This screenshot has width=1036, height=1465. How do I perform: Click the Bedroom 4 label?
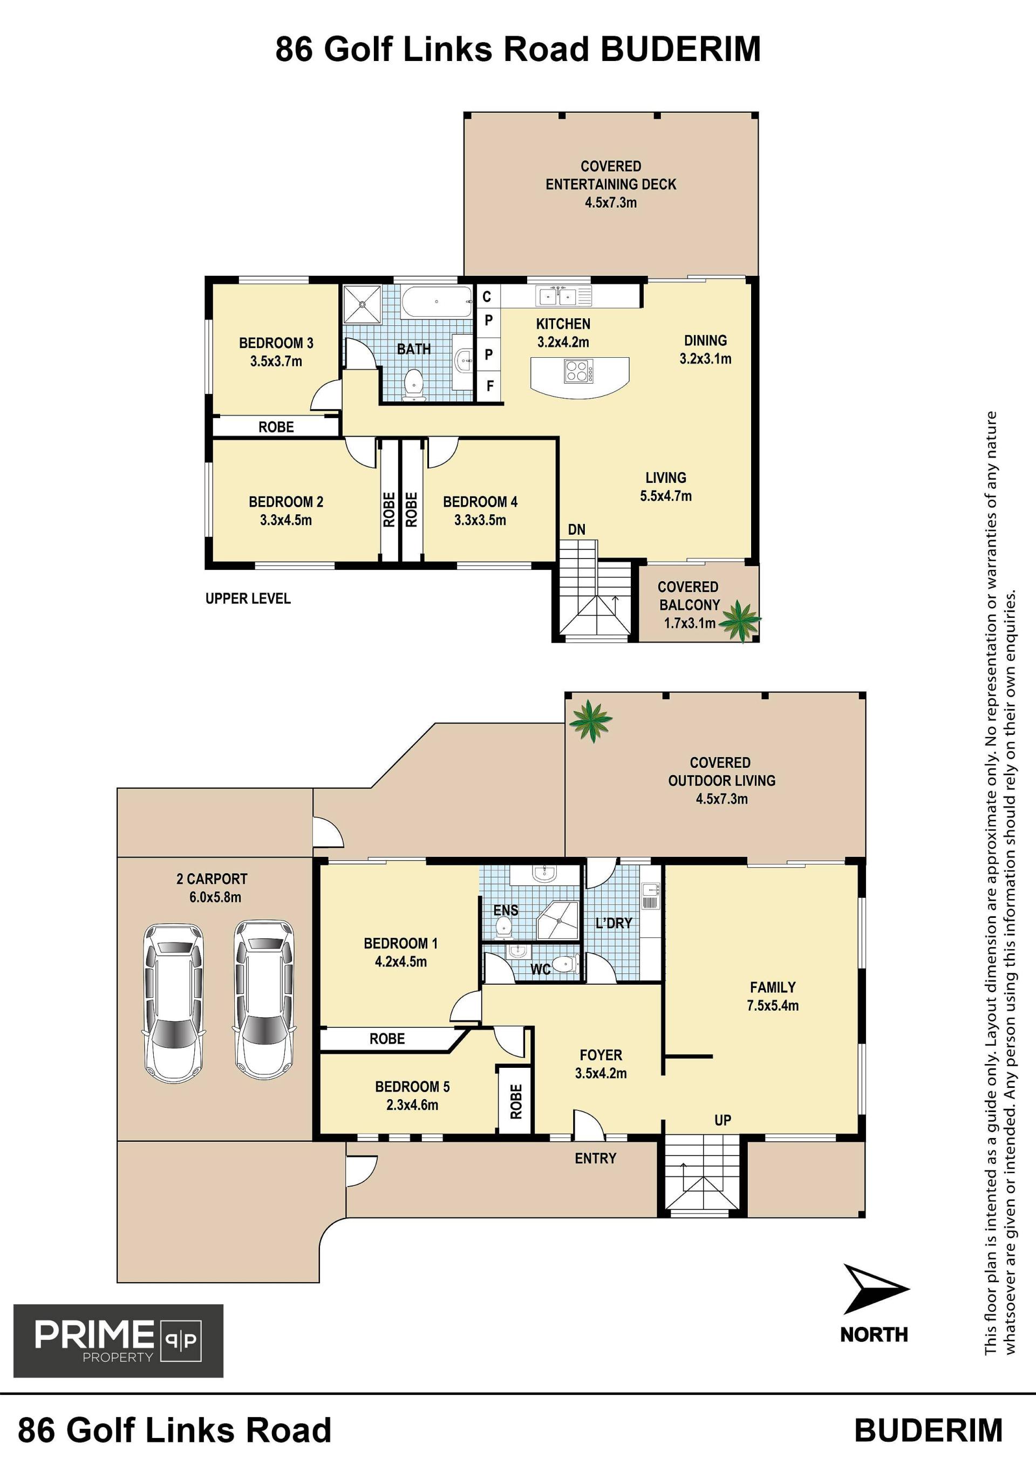click(480, 502)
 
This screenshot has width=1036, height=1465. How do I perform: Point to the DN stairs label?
click(577, 529)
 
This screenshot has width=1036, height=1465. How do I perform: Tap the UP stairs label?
click(723, 1120)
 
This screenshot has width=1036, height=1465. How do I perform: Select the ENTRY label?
click(596, 1158)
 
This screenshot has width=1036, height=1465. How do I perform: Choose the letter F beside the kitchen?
click(490, 386)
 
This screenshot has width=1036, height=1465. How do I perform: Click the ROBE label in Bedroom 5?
click(516, 1101)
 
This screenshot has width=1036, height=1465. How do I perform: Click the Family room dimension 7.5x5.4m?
click(773, 1006)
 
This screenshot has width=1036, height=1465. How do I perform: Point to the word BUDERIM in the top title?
click(681, 49)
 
